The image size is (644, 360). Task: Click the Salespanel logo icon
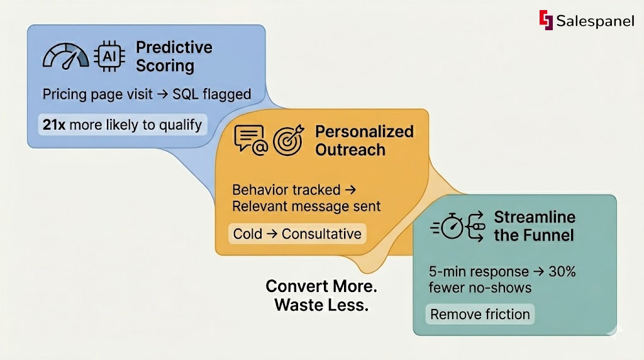pyautogui.click(x=545, y=20)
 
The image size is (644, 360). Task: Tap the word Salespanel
pyautogui.click(x=595, y=21)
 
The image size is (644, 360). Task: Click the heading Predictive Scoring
pyautogui.click(x=165, y=57)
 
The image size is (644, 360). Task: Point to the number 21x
pyautogui.click(x=54, y=125)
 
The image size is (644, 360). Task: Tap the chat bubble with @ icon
pyautogui.click(x=250, y=140)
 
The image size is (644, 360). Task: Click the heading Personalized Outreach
pyautogui.click(x=364, y=140)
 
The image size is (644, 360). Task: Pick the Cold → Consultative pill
pyautogui.click(x=297, y=234)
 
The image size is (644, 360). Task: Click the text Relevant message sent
pyautogui.click(x=306, y=206)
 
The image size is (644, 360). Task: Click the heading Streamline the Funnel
pyautogui.click(x=534, y=227)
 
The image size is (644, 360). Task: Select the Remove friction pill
pyautogui.click(x=480, y=314)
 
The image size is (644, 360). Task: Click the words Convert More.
pyautogui.click(x=321, y=286)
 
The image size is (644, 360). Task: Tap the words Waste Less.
pyautogui.click(x=321, y=305)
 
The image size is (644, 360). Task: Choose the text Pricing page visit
pyautogui.click(x=97, y=94)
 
